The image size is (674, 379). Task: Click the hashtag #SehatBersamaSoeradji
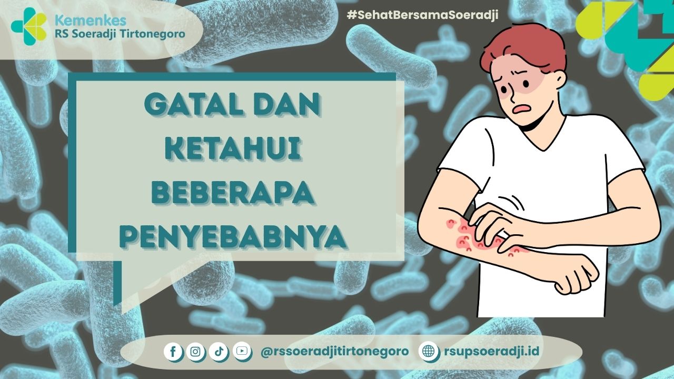[x=422, y=15]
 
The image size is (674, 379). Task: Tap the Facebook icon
[x=173, y=351]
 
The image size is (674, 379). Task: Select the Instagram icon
[x=195, y=351]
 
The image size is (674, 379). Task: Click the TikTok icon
[x=218, y=351]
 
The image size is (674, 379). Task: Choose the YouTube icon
[x=241, y=351]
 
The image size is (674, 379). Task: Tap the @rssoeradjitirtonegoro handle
[x=334, y=351]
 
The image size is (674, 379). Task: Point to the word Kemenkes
[x=90, y=21]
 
